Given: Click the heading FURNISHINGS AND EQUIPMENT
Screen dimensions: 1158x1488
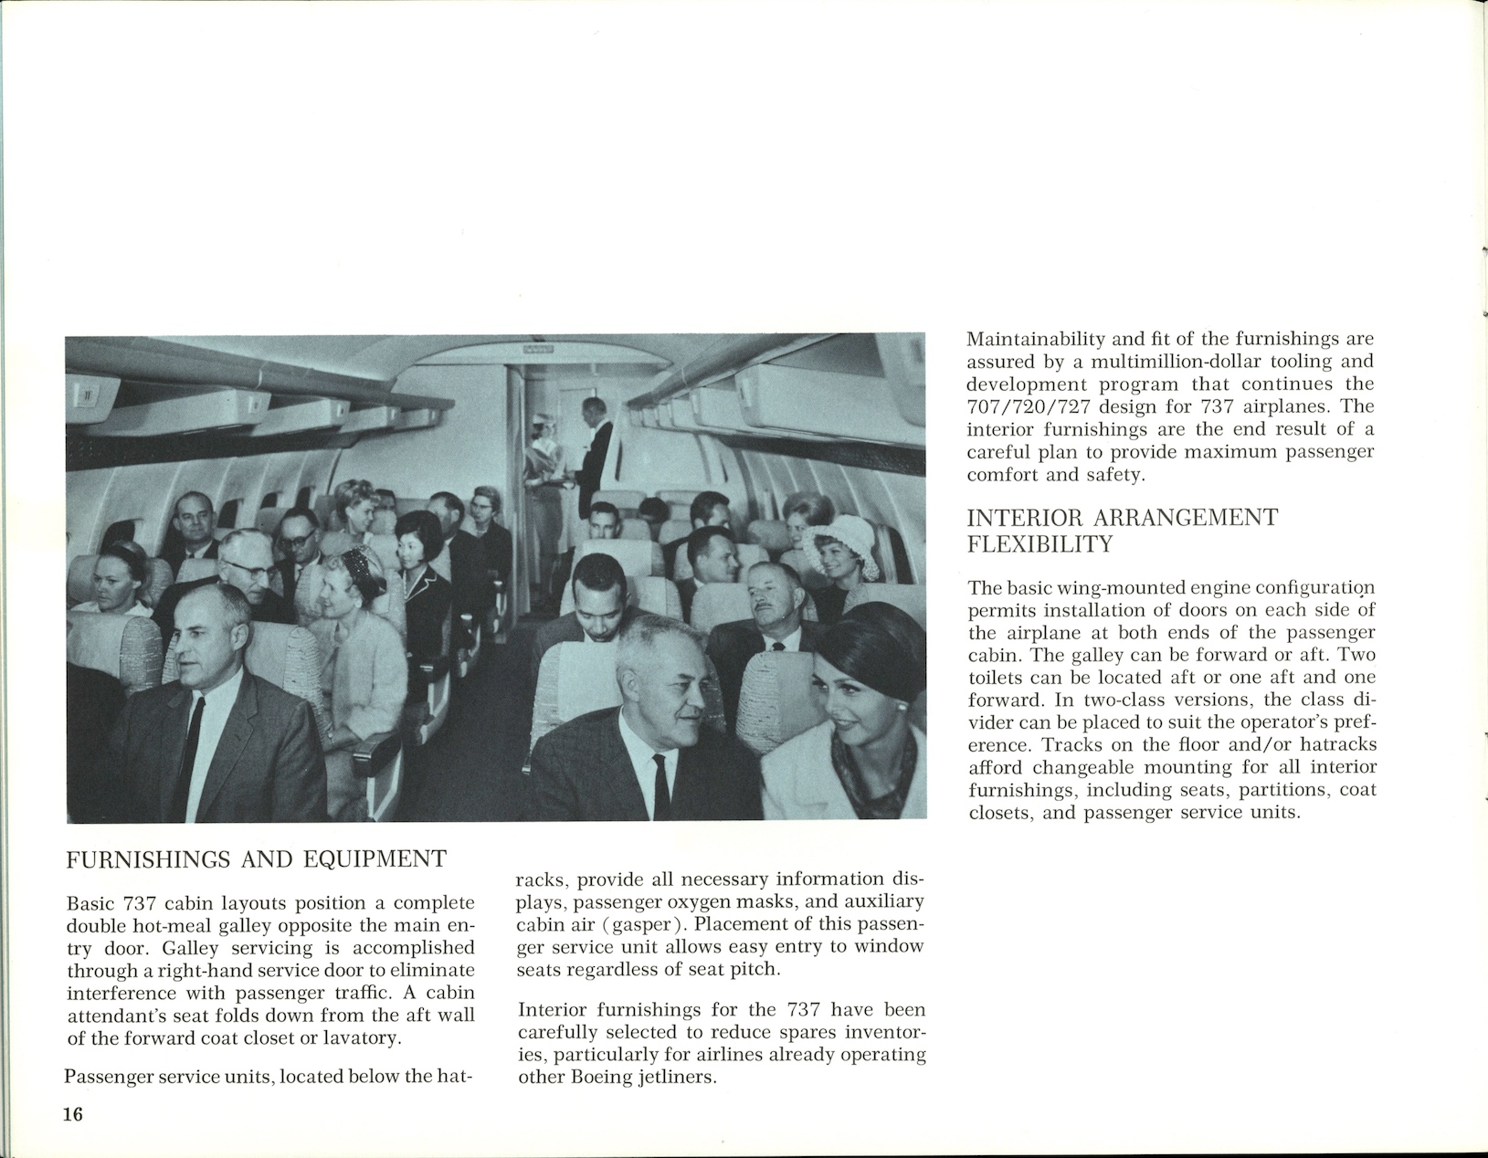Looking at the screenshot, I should [x=257, y=859].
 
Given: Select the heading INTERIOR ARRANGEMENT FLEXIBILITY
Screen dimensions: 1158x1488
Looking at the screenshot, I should [x=1122, y=531].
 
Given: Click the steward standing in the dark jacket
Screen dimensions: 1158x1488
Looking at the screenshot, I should [x=596, y=447].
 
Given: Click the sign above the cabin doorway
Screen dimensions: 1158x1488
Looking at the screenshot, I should [x=539, y=348].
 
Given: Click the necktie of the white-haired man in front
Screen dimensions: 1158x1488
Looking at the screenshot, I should [x=660, y=785].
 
